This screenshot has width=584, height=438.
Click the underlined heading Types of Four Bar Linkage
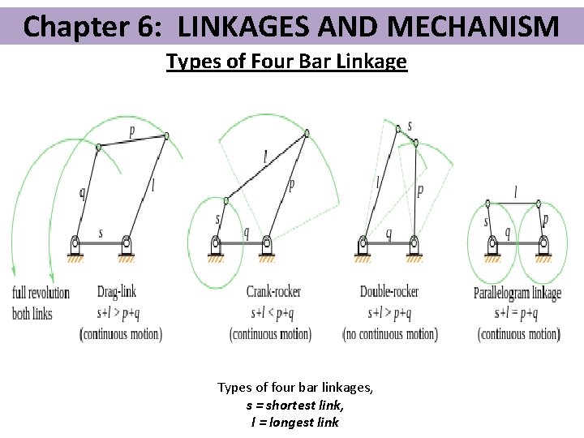[286, 62]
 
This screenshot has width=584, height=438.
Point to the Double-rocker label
[389, 292]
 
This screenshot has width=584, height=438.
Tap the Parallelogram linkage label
[517, 293]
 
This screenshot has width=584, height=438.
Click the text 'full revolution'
[41, 292]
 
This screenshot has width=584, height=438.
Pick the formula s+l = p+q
[517, 313]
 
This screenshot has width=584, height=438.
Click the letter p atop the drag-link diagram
[132, 130]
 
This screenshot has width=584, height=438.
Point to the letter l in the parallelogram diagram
[516, 192]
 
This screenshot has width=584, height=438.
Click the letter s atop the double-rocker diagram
[410, 127]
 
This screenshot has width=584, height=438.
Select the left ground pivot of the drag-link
[75, 242]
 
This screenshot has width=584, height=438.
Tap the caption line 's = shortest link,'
[294, 405]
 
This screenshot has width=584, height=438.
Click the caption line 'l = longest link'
[294, 422]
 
